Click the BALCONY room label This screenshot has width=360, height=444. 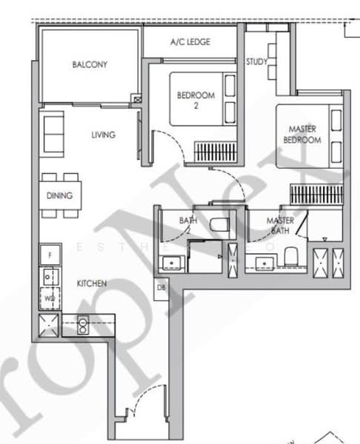click(x=90, y=64)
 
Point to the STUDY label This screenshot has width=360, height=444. click(x=257, y=62)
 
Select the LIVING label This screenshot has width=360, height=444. click(x=104, y=135)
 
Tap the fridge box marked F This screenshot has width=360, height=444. click(x=50, y=255)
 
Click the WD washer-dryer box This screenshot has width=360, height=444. click(x=50, y=298)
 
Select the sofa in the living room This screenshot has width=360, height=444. click(x=53, y=132)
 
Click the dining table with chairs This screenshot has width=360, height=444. click(x=59, y=195)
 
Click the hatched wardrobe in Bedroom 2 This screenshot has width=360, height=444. click(x=216, y=152)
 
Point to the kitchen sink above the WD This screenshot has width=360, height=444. click(x=50, y=278)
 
